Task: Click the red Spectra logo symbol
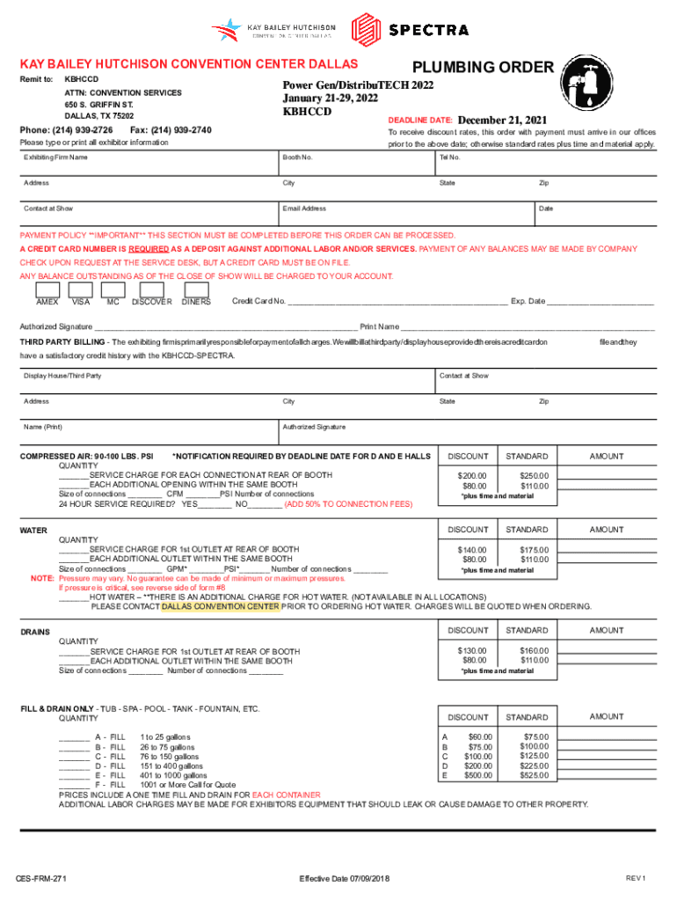click(x=367, y=28)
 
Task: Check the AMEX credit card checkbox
click(x=47, y=289)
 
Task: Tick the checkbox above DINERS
click(x=196, y=289)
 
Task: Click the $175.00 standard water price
click(x=534, y=550)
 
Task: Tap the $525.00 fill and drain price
click(x=534, y=776)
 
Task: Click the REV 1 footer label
click(x=636, y=879)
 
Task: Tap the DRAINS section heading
click(x=35, y=632)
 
